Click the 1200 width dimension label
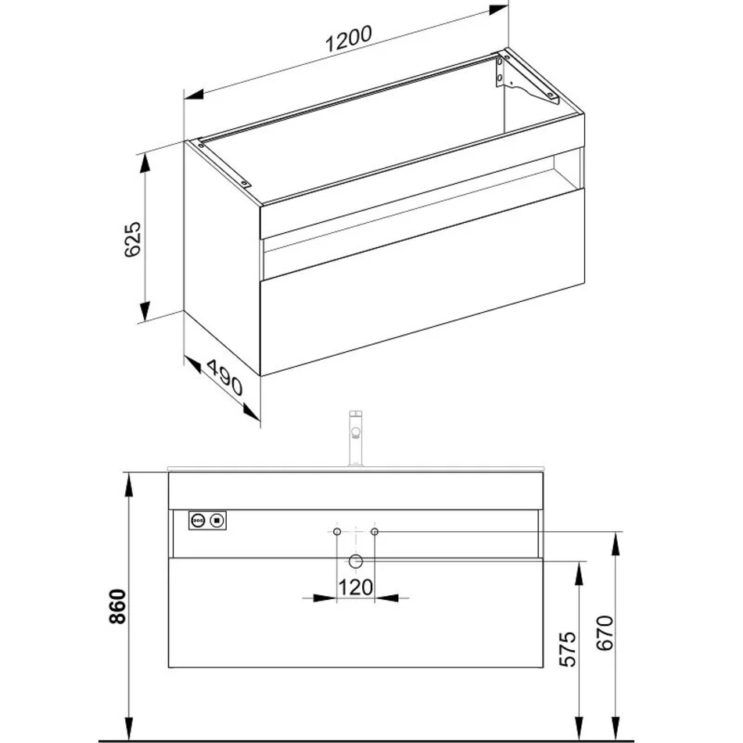[348, 38]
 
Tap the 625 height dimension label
[133, 239]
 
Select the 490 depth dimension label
[224, 377]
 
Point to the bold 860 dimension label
[117, 607]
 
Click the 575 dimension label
[568, 649]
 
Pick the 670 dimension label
[605, 633]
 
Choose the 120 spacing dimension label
[355, 588]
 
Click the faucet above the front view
[355, 438]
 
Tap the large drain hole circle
[355, 562]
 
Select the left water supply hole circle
[337, 532]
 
